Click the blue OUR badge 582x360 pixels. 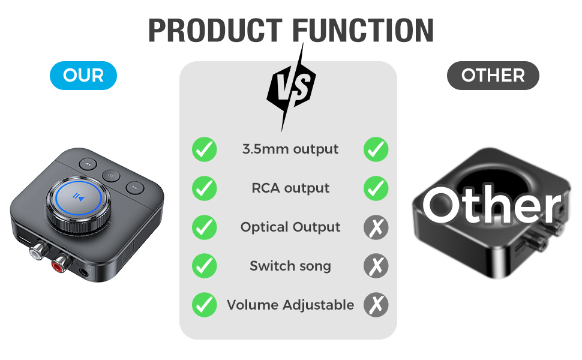tap(83, 76)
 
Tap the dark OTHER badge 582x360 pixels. tap(493, 76)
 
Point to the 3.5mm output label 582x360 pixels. tap(290, 149)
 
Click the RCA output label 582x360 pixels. tap(290, 188)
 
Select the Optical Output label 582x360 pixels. tap(290, 227)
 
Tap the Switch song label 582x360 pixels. tap(290, 266)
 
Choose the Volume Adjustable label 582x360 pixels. tap(290, 305)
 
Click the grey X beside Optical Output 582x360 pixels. tap(376, 227)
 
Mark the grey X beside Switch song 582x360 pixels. tap(376, 266)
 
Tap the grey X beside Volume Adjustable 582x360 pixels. tap(376, 305)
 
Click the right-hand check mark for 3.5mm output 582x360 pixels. tap(376, 149)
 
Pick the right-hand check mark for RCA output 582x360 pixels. tap(376, 188)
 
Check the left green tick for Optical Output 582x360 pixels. tap(205, 227)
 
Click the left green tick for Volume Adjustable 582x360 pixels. tap(205, 305)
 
